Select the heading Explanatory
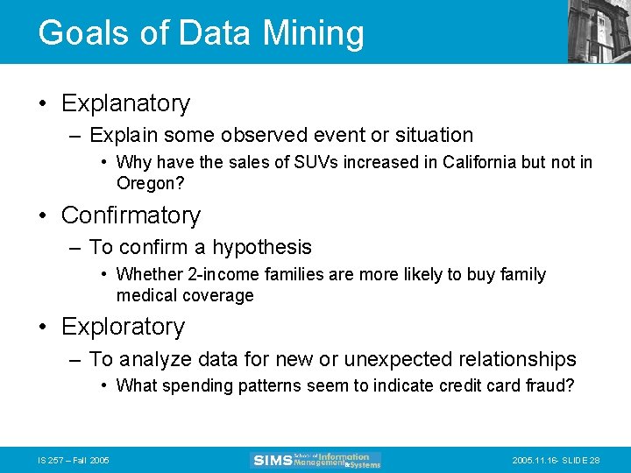click(x=125, y=103)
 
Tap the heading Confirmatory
click(x=131, y=215)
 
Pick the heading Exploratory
click(x=123, y=327)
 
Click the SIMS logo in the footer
click(x=316, y=460)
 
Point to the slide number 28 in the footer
click(x=594, y=460)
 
